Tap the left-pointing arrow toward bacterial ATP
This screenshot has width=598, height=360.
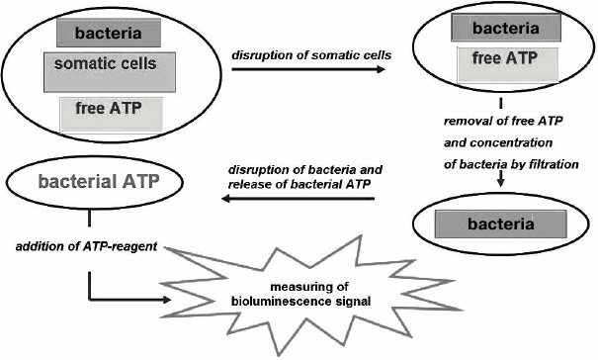tap(297, 199)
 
